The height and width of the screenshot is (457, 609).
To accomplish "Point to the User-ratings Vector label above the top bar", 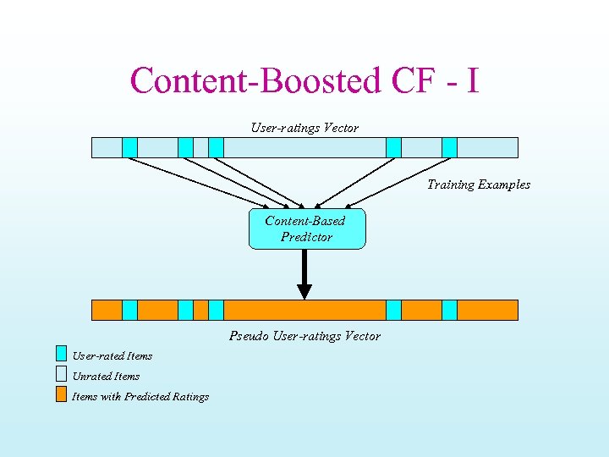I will click(x=304, y=128).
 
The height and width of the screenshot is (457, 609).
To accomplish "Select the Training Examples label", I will click(x=479, y=184).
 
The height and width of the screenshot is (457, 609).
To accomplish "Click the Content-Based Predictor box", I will click(x=306, y=229).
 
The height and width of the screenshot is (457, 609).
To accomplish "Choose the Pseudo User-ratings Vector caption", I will click(x=304, y=336).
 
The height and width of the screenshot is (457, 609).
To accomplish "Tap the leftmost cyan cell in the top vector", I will click(x=129, y=148).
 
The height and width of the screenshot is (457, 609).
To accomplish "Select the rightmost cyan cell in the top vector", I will click(x=449, y=148).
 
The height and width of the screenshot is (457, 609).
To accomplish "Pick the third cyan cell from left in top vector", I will click(x=216, y=148).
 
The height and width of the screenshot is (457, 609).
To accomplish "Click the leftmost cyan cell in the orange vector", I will click(x=129, y=310).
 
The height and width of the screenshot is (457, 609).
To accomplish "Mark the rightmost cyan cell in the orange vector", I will click(x=449, y=310).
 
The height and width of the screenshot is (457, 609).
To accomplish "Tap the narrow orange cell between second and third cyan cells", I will click(x=200, y=310).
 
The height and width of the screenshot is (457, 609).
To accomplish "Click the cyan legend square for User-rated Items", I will click(x=61, y=354).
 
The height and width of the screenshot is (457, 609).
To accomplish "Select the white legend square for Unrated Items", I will click(x=61, y=373).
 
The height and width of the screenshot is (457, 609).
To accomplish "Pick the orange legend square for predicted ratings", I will click(x=61, y=394).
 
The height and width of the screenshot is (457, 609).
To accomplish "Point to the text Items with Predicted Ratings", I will click(x=140, y=396).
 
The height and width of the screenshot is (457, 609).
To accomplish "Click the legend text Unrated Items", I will click(x=106, y=376).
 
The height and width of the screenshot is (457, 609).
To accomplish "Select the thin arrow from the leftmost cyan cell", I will click(x=199, y=183).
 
